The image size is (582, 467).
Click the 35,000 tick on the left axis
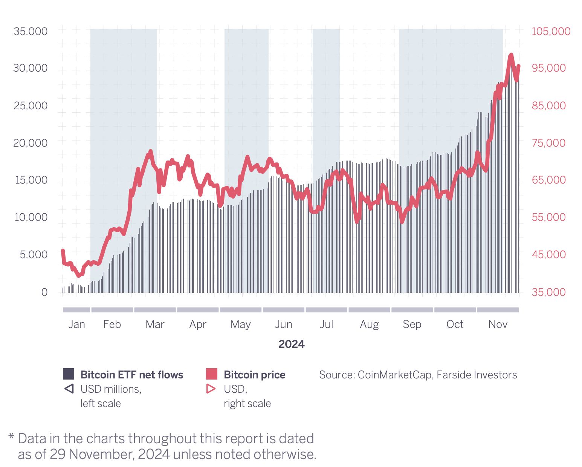point(31,31)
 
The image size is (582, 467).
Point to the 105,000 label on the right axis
point(551,31)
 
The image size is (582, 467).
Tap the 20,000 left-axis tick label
point(31,143)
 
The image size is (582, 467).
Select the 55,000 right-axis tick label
point(548,217)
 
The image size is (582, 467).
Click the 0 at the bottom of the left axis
point(44,292)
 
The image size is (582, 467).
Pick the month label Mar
point(155,324)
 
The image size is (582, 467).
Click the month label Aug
point(369,324)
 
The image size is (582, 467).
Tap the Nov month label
point(498,324)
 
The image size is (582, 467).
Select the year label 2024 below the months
point(291,344)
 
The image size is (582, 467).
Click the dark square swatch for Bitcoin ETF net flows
point(69,374)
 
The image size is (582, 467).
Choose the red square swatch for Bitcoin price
point(212,374)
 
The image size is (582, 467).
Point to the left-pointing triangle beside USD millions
point(69,389)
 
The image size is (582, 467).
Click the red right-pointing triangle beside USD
point(211,389)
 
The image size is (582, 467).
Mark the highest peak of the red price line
point(511,55)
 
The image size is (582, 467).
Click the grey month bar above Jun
point(283,310)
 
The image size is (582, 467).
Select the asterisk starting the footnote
point(11,437)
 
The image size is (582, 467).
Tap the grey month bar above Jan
point(76,310)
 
